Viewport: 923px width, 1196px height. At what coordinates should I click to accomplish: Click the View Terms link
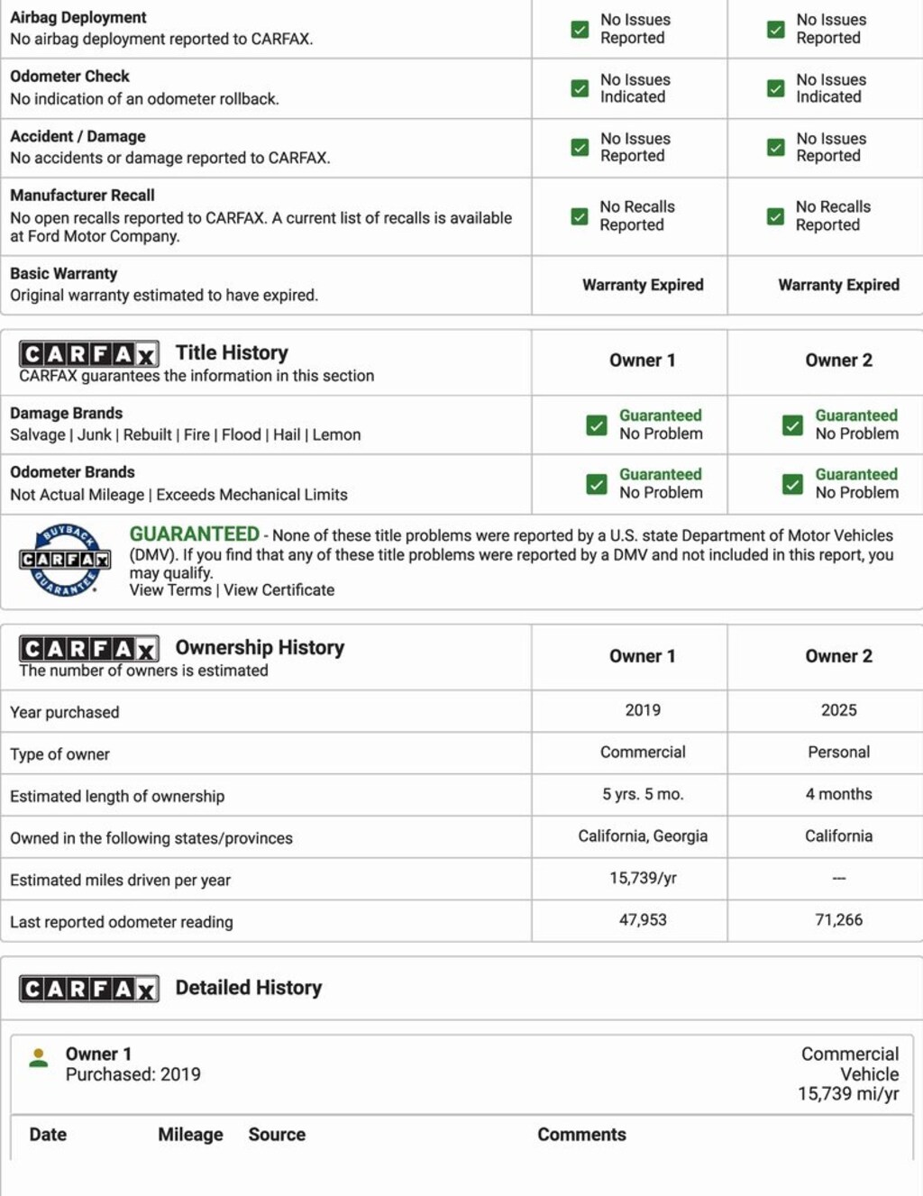coord(170,590)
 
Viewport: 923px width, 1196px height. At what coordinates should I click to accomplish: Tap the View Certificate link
coord(279,590)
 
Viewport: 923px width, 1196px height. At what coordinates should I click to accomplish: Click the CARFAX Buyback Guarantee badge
coord(65,560)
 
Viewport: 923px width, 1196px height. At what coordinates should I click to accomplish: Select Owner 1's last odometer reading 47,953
coord(643,920)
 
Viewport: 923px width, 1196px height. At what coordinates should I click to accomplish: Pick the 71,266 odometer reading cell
coord(838,920)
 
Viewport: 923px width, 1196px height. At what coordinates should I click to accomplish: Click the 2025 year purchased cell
coord(838,710)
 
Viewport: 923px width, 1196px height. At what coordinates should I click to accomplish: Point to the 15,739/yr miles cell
coord(643,878)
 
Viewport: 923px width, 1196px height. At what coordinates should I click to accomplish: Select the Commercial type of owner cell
coord(643,752)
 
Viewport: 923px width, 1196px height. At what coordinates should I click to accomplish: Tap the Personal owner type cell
coord(838,752)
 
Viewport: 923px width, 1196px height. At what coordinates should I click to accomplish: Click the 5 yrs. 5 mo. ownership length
coord(643,794)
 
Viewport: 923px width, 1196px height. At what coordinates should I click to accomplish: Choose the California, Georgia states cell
coord(643,836)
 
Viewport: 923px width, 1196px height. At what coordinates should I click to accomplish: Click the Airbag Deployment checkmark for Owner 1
coord(580,30)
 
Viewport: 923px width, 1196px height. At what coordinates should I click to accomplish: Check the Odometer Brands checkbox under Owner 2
coord(792,484)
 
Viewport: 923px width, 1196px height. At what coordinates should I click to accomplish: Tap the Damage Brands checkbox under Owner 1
coord(597,425)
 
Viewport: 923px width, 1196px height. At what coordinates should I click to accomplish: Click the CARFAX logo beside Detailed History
coord(89,989)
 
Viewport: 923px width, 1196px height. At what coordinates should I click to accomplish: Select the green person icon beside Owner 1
coord(39,1058)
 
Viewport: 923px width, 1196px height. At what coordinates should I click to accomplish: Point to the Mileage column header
coord(190,1135)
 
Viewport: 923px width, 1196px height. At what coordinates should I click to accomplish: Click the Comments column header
coord(581,1135)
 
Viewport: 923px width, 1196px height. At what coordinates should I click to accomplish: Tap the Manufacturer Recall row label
coord(82,196)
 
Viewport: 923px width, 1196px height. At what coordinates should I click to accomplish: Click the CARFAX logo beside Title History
coord(89,353)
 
